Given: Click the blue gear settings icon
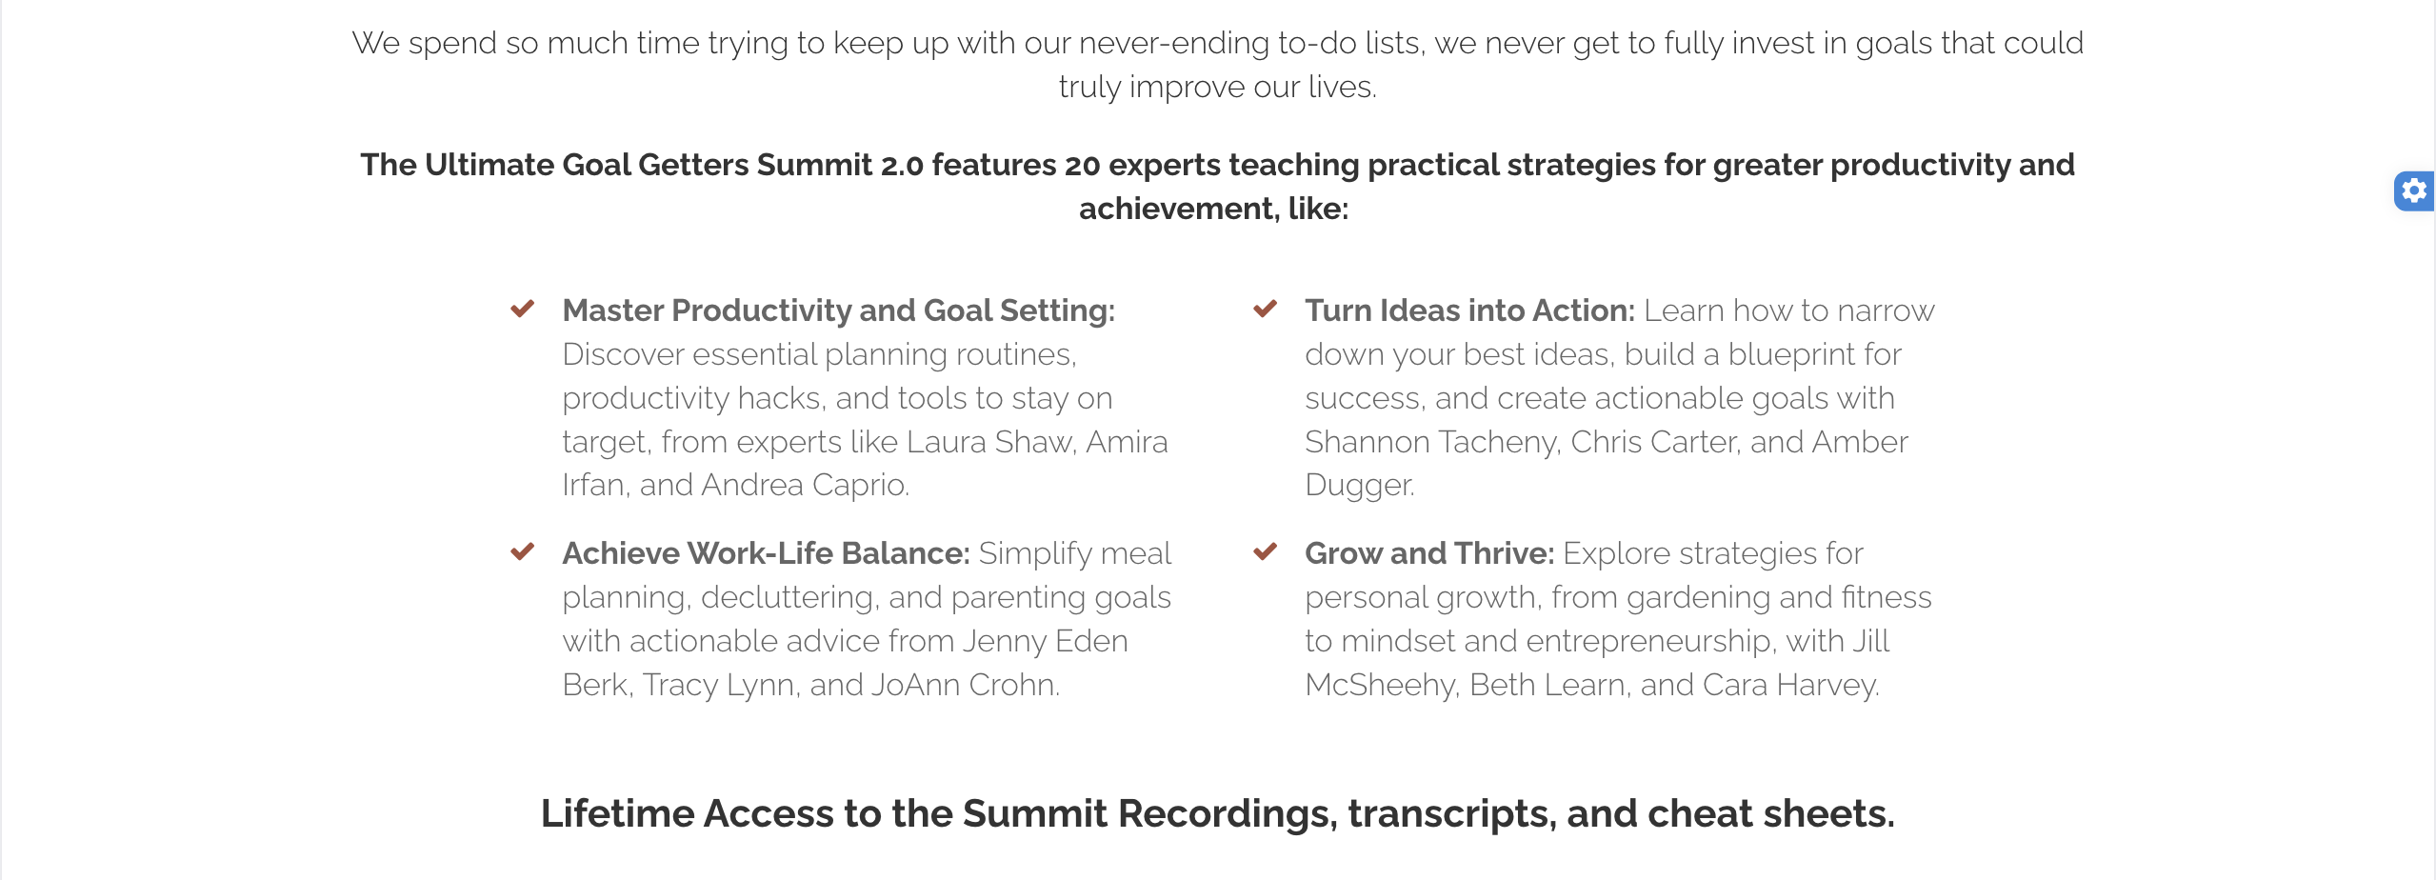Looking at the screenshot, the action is [2414, 191].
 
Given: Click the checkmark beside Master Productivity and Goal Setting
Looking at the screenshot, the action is [522, 309].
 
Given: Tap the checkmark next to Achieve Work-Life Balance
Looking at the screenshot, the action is [522, 551].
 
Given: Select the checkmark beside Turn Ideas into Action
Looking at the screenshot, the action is [1265, 309].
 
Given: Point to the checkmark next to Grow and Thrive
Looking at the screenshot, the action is [1265, 551].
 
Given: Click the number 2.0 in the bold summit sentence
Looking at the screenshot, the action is [902, 165].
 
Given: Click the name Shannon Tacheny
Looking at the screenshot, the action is [1431, 442].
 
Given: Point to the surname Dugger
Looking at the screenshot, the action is [1359, 486].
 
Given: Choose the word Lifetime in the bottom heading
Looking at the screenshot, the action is [618, 813].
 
